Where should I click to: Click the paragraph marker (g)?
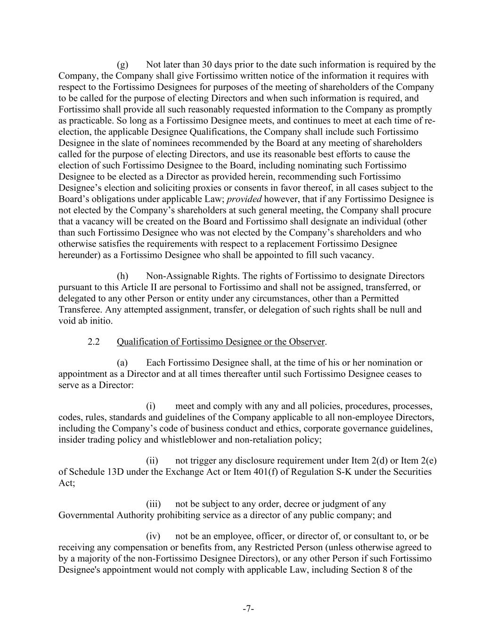(x=122, y=65)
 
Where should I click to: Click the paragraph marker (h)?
(x=122, y=276)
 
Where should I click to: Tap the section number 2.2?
(x=94, y=342)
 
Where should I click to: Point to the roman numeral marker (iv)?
(x=153, y=536)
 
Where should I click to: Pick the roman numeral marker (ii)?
(x=152, y=461)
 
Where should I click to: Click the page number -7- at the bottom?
(x=248, y=609)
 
